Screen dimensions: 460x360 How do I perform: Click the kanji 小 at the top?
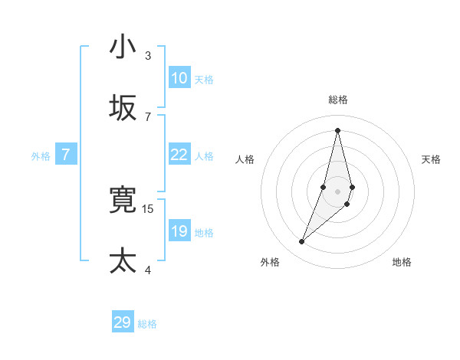(x=123, y=47)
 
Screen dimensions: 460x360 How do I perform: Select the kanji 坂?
(x=123, y=107)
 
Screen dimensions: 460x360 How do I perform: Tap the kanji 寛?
(x=123, y=200)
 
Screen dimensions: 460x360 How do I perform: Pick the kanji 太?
(x=123, y=260)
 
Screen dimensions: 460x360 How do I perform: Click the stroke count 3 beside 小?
(x=148, y=55)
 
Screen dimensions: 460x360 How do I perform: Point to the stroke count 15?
(x=149, y=208)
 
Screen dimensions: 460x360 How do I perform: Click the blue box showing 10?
(x=179, y=78)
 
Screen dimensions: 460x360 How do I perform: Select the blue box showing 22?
(x=179, y=155)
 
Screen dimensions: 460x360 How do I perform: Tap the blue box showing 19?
(x=179, y=231)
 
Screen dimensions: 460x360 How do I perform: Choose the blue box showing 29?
(x=123, y=322)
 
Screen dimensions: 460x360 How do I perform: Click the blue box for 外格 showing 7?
(x=66, y=155)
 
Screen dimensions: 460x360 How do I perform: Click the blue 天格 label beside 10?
(x=204, y=79)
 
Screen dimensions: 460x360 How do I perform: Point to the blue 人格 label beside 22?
(x=204, y=155)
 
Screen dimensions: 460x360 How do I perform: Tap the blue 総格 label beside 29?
(x=147, y=324)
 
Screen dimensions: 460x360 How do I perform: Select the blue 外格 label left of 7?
(x=41, y=155)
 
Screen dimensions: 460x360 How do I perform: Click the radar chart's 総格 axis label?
(x=338, y=100)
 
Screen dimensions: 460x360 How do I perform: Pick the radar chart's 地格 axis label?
(x=402, y=262)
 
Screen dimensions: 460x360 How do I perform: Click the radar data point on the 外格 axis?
(x=302, y=242)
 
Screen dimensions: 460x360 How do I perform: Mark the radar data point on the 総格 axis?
(x=338, y=129)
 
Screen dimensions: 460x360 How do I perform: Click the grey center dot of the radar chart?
(x=338, y=191)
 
